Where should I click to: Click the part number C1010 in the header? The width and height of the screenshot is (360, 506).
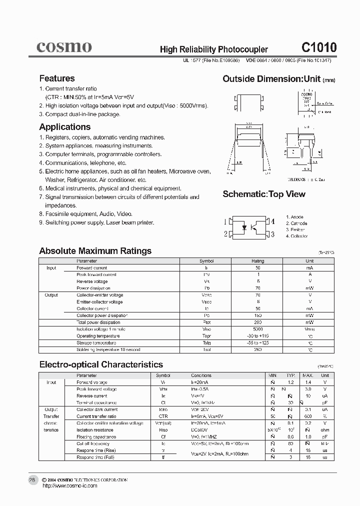(318, 47)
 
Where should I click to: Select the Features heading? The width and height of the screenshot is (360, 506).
(56, 78)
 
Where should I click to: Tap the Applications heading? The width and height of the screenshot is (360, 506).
(64, 127)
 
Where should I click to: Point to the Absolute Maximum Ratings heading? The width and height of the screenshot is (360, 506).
(95, 251)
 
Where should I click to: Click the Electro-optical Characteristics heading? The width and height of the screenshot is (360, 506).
(101, 364)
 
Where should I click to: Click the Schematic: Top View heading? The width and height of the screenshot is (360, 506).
(263, 194)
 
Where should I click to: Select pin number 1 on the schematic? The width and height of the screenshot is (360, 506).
(225, 221)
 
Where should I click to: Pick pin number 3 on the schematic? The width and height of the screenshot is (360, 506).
(272, 233)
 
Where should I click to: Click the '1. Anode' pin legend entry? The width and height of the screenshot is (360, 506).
(294, 217)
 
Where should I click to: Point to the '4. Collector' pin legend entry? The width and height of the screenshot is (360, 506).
(296, 236)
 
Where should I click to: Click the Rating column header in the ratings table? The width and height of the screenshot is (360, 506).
(257, 261)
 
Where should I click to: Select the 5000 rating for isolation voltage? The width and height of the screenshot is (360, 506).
(257, 329)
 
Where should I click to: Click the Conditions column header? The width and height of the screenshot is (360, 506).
(201, 375)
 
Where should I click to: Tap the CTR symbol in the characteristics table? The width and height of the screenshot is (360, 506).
(163, 416)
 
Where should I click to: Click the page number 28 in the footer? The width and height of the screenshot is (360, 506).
(31, 479)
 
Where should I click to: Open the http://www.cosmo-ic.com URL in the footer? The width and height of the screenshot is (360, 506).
(68, 485)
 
